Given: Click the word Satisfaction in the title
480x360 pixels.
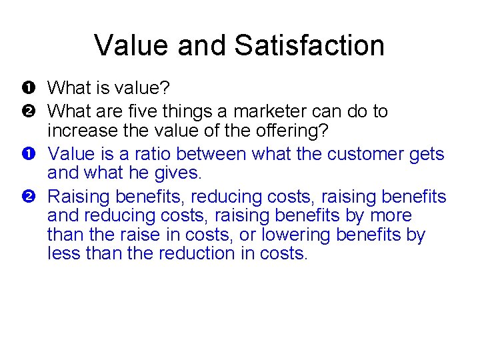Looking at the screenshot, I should (x=309, y=45).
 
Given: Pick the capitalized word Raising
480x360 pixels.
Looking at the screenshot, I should (x=79, y=197).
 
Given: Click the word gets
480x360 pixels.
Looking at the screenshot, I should (x=427, y=155).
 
